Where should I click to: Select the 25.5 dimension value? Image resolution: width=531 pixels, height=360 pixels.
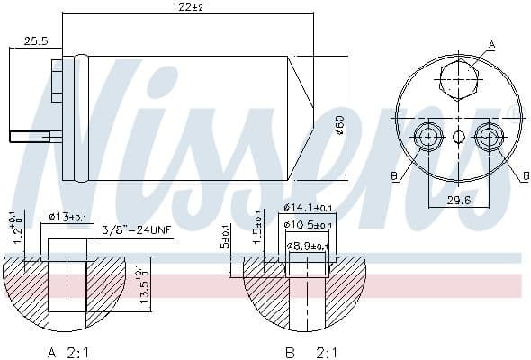coord(37,41)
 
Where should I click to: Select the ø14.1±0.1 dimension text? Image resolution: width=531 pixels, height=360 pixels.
coord(308,207)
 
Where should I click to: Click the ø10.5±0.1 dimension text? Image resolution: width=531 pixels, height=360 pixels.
coord(308,225)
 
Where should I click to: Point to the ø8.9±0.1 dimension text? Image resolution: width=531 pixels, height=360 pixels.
coord(308,244)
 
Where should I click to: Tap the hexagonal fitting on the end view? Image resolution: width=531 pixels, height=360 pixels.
coord(457,78)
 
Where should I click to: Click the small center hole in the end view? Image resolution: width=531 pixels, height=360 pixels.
coord(457,137)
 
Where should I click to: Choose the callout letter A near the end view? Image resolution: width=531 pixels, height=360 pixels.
coord(490,43)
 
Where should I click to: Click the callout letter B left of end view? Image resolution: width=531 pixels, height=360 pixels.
coord(393,177)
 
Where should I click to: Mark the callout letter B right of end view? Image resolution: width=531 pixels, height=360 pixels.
coord(525,177)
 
